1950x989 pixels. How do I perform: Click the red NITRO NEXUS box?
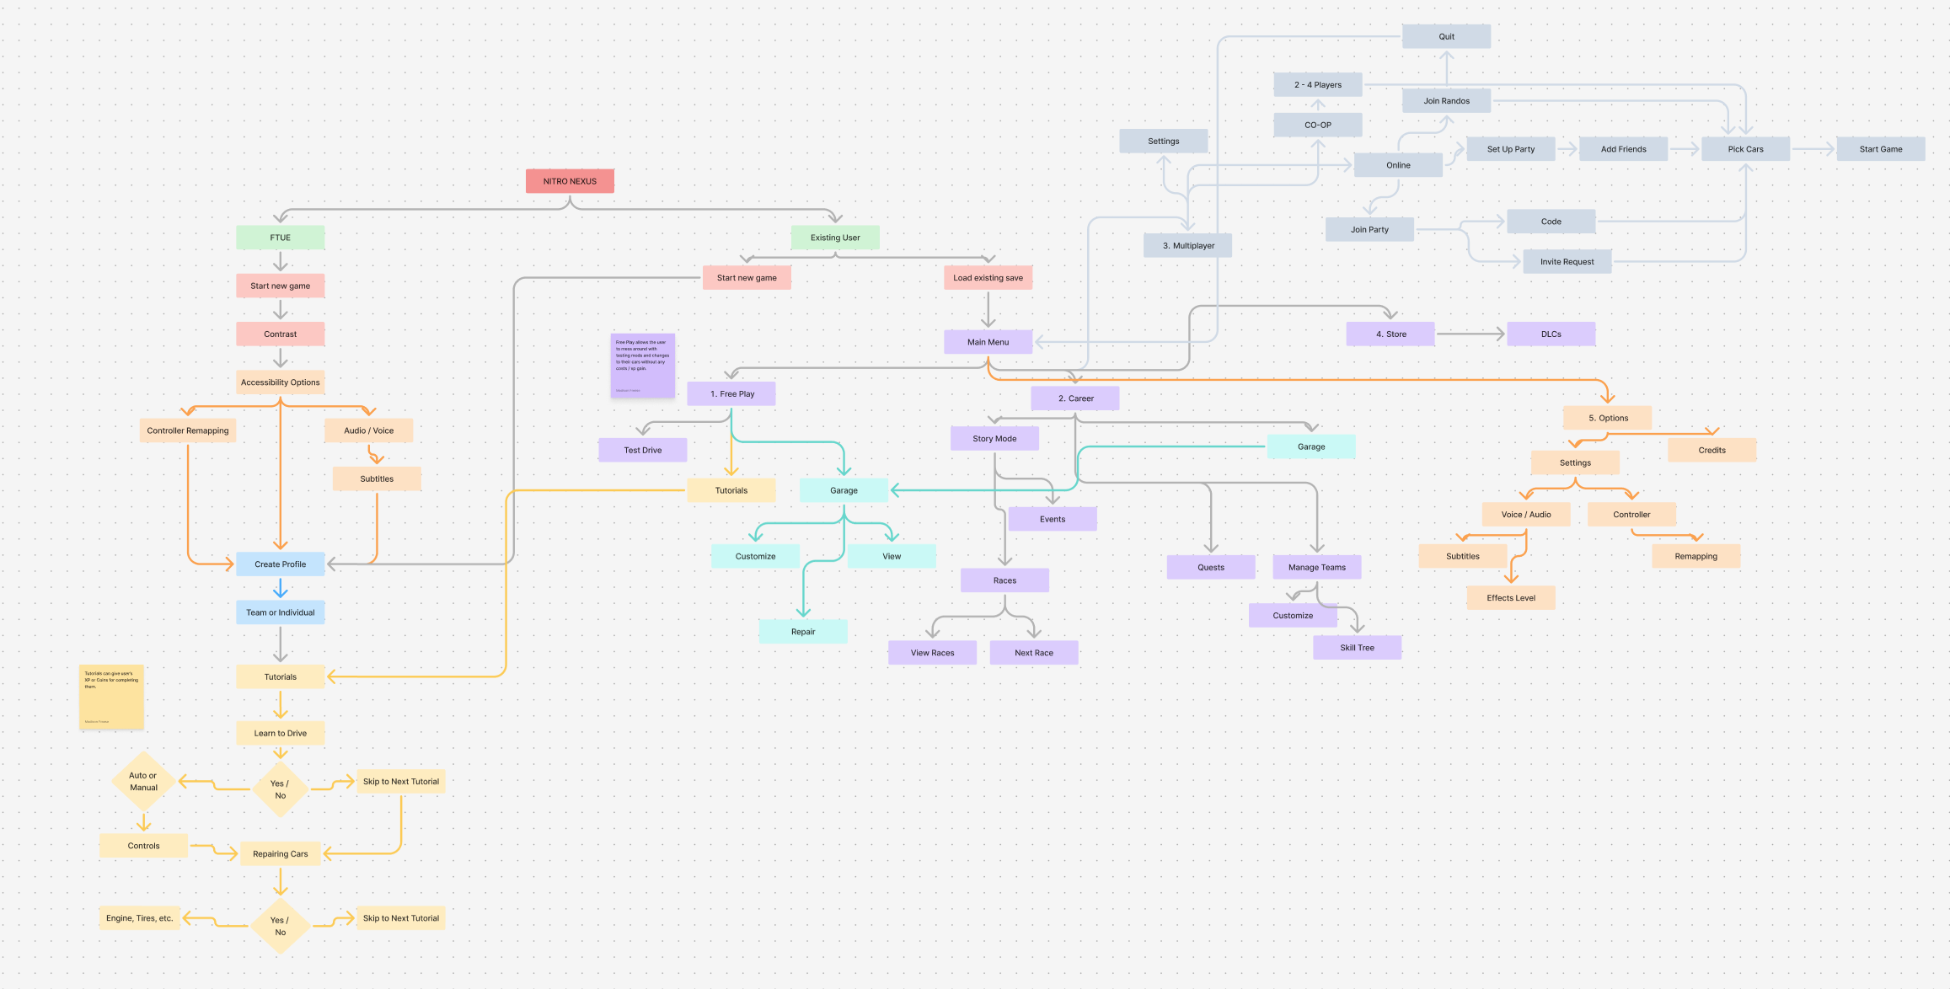pos(570,181)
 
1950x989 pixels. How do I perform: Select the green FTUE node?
pos(280,238)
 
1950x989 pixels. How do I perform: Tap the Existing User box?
pos(834,238)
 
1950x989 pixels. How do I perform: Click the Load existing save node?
pos(988,278)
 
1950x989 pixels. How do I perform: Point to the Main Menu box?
pos(988,342)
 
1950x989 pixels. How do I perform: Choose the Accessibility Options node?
pos(280,382)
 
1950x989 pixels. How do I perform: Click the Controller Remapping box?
pos(187,430)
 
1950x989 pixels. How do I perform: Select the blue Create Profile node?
pos(280,564)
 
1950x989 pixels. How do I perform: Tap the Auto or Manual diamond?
pos(143,782)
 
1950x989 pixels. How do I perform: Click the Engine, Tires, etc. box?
pos(140,918)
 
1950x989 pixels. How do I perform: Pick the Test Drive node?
pos(642,450)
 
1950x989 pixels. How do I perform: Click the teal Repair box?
pos(802,632)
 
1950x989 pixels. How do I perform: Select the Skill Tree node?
pos(1357,648)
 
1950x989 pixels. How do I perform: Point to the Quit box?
pos(1446,36)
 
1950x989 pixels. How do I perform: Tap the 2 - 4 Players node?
pos(1318,85)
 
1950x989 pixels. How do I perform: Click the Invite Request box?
pos(1567,262)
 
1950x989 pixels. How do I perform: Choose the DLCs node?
pos(1551,334)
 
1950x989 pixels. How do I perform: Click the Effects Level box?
pos(1510,598)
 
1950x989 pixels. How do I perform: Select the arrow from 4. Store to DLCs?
pos(1470,334)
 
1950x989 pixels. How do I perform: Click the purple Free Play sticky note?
pos(642,366)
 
